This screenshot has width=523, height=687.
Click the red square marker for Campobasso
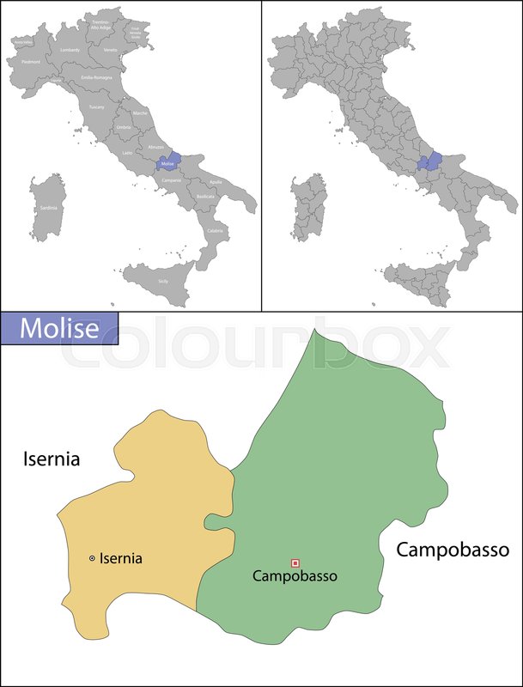pyautogui.click(x=295, y=562)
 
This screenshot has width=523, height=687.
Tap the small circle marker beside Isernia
pyautogui.click(x=92, y=558)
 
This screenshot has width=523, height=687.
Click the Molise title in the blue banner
pyautogui.click(x=58, y=328)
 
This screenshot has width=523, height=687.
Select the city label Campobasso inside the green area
pyautogui.click(x=295, y=576)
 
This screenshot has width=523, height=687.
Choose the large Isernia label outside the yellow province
pyautogui.click(x=51, y=459)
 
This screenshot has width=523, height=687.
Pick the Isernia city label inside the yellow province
pyautogui.click(x=121, y=558)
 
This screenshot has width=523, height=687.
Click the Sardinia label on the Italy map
pyautogui.click(x=47, y=208)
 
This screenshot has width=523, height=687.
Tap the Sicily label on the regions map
pyautogui.click(x=163, y=281)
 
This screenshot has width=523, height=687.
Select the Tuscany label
pyautogui.click(x=96, y=106)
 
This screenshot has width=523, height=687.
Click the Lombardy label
pyautogui.click(x=70, y=50)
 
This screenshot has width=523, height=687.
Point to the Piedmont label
pyautogui.click(x=30, y=62)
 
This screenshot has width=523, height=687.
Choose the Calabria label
pyautogui.click(x=215, y=230)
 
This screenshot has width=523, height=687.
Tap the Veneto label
pyautogui.click(x=110, y=50)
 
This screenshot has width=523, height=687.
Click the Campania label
pyautogui.click(x=171, y=179)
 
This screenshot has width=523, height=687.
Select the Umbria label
pyautogui.click(x=124, y=127)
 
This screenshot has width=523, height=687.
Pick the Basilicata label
pyautogui.click(x=205, y=197)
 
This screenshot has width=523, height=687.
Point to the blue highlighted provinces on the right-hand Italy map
pyautogui.click(x=429, y=162)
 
